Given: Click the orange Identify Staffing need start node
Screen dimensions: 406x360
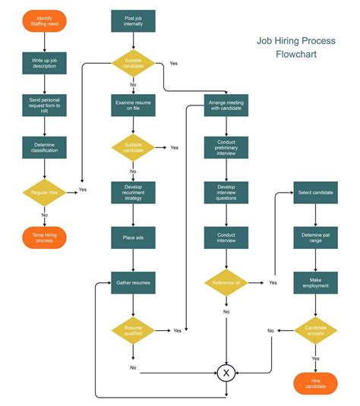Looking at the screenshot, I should (x=45, y=20).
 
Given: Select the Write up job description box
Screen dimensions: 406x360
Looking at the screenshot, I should (x=45, y=61).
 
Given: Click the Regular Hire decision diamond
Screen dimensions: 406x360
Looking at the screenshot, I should (x=45, y=191).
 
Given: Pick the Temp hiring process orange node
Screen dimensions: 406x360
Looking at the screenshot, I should (x=45, y=237).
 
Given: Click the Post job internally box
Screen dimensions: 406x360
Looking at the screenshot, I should (x=134, y=20).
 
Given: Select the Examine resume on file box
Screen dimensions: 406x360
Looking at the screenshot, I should (x=134, y=105).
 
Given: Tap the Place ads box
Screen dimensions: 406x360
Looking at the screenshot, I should (x=134, y=238).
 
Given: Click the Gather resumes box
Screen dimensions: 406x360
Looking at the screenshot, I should (x=134, y=282).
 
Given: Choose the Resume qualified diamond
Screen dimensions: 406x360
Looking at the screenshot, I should (x=134, y=330).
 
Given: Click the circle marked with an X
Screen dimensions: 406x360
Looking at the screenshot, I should (x=226, y=372).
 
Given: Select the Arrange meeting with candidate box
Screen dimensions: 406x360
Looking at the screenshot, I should (x=226, y=104).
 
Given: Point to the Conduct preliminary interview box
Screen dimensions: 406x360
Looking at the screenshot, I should (x=226, y=147).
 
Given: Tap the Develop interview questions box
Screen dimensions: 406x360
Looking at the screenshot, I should (x=226, y=192).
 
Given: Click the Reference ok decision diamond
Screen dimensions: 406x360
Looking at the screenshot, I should (x=226, y=282).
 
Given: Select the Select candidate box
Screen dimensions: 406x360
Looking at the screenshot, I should (x=315, y=193).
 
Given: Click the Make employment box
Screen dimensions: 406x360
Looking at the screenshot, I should (x=315, y=282).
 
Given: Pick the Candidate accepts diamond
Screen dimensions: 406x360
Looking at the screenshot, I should (x=315, y=330).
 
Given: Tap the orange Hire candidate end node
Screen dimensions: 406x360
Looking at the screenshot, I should (x=315, y=382).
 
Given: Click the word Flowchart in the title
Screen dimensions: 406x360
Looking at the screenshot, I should (x=298, y=55).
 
